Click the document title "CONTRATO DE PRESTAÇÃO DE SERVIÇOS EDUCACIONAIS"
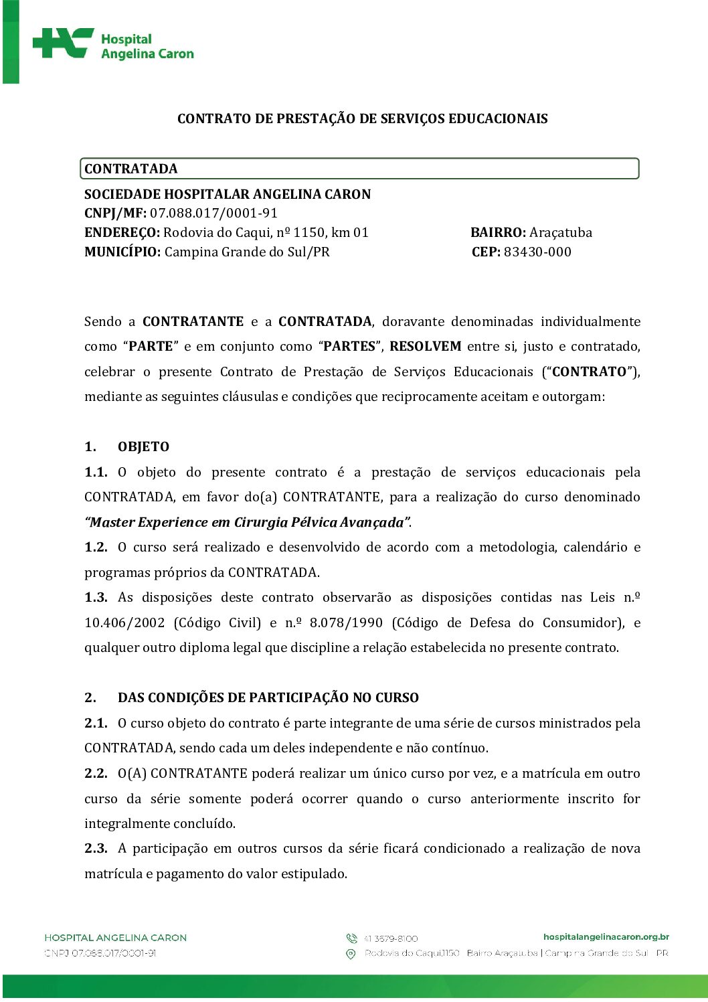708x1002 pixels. coord(362,119)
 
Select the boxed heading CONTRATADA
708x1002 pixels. coord(131,169)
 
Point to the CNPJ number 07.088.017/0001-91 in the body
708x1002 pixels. coord(213,214)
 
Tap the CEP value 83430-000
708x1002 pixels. coord(537,252)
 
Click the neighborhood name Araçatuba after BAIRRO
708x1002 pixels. coord(561,233)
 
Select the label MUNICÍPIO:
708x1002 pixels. coord(122,252)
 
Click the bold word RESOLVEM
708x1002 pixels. coord(426,347)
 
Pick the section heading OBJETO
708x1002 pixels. coord(143,447)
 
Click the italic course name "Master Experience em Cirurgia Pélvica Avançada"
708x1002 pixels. coord(247,523)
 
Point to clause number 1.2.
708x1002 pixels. coord(96,548)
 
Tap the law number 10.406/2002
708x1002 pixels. coord(124,623)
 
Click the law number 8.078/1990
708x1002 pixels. coord(346,623)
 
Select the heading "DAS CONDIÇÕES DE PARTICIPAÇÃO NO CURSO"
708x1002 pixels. coord(268,698)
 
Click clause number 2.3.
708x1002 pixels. coord(96,849)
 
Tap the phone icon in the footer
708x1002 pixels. coord(351,938)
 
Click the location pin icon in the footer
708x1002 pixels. coord(351,954)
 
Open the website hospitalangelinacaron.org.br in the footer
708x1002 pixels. coord(606,937)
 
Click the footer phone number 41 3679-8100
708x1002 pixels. coord(391,939)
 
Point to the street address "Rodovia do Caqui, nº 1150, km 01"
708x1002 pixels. coord(266,233)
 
